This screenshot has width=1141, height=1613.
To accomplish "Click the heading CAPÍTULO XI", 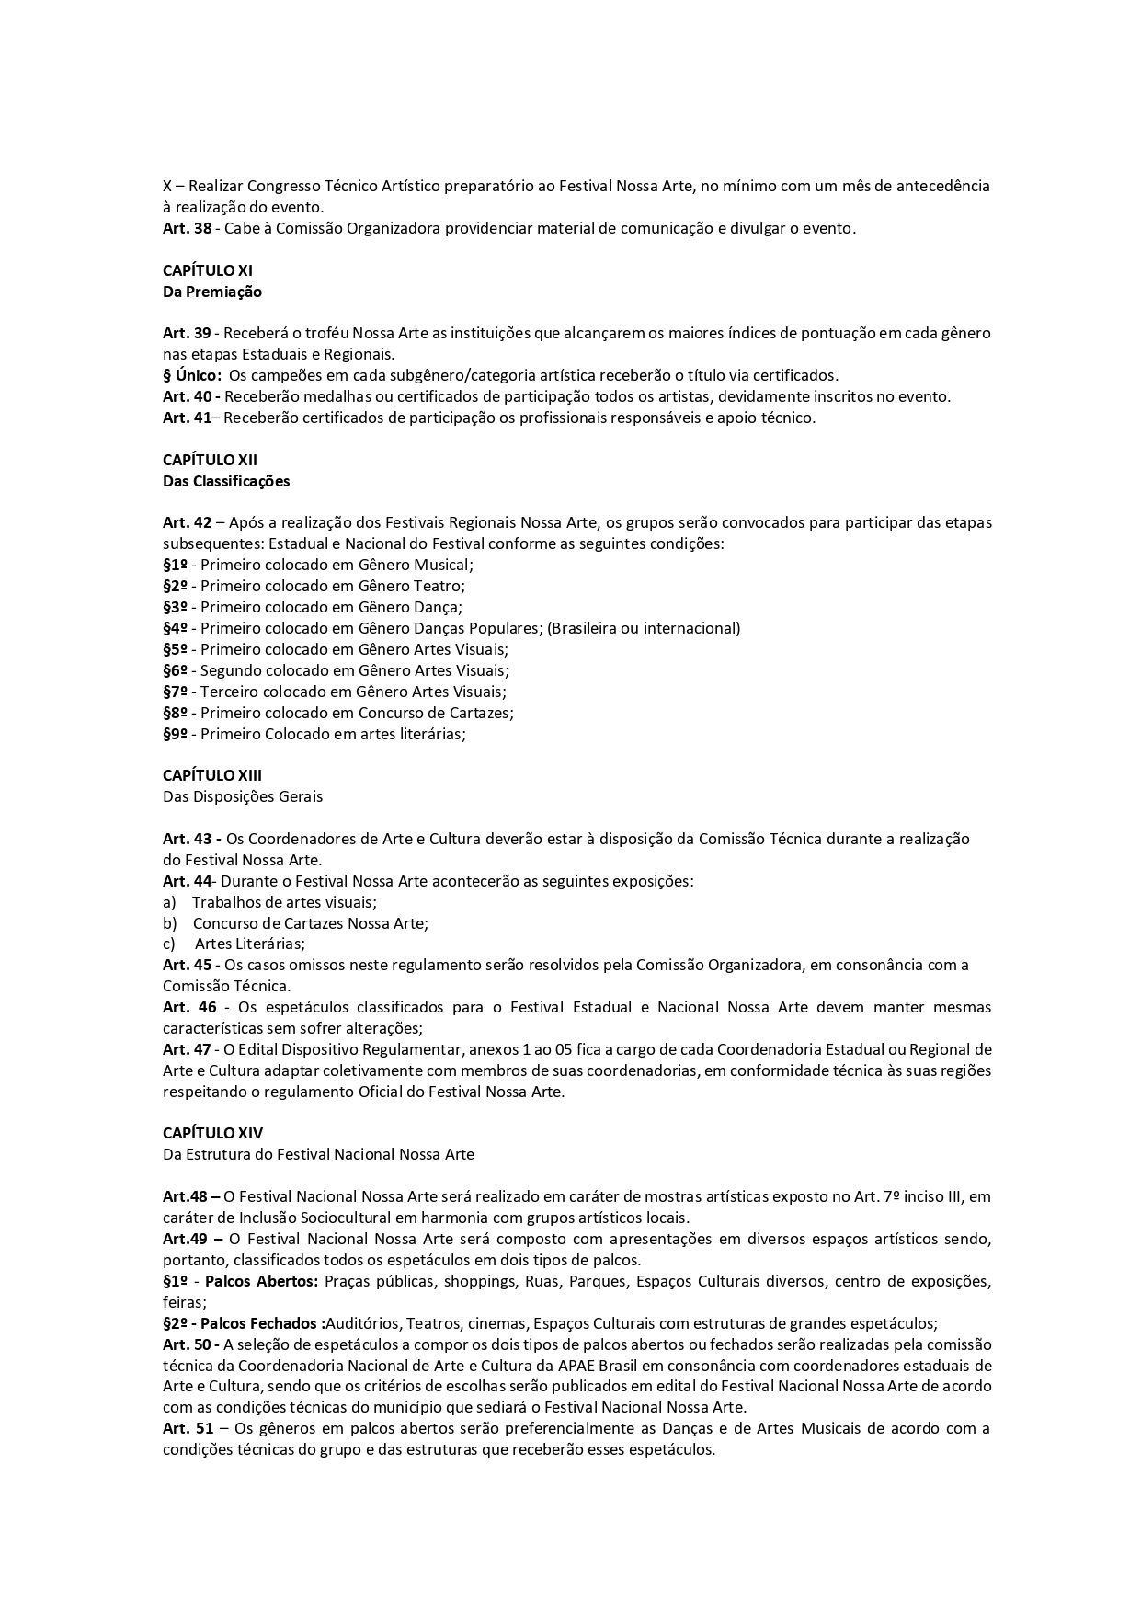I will [x=207, y=271].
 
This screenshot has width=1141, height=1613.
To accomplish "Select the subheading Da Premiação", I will [x=212, y=292].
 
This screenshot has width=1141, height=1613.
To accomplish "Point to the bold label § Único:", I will [x=192, y=376].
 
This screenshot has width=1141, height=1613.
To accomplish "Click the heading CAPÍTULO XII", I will [x=210, y=460].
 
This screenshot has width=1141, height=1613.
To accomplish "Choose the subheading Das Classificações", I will [x=226, y=481].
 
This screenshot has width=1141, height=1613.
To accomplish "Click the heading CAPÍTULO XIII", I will [x=212, y=776].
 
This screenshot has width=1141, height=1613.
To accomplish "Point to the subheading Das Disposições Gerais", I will [x=243, y=797].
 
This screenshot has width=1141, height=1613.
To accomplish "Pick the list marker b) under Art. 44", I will [x=169, y=923].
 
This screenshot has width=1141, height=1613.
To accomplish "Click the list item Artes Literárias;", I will [x=250, y=944].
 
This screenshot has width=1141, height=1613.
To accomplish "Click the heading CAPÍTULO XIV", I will [x=212, y=1134].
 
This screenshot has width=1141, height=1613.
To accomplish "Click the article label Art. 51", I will [x=187, y=1429].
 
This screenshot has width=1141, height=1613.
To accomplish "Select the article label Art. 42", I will [x=187, y=523].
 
